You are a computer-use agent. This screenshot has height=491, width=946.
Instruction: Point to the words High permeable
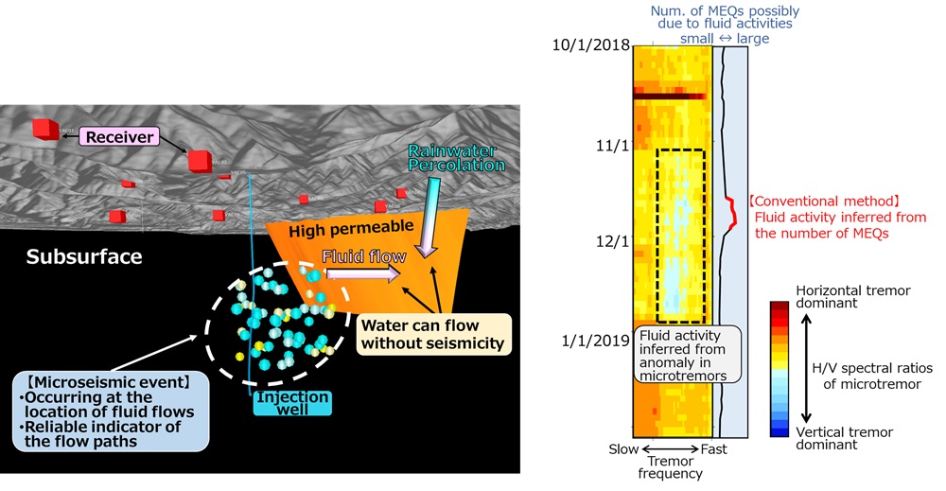[x=339, y=227]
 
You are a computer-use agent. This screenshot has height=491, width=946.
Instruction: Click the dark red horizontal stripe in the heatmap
[x=671, y=96]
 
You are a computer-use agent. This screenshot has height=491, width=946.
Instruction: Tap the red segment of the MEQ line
[x=731, y=212]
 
